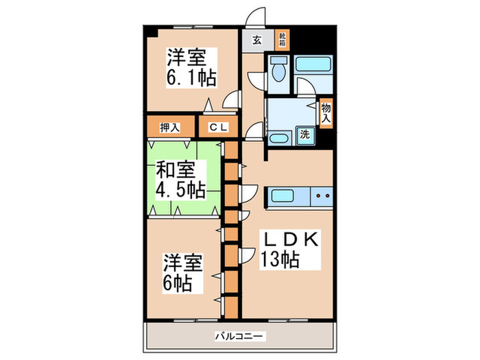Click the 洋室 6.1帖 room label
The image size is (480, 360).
tap(190, 67)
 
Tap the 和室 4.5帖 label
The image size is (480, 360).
tap(180, 178)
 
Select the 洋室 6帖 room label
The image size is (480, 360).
tap(182, 272)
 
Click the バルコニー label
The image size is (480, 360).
tap(239, 336)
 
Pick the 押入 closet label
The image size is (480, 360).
tap(169, 127)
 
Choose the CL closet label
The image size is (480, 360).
tap(218, 127)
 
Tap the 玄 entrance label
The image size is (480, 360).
tap(256, 40)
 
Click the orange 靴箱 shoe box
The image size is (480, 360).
tap(282, 40)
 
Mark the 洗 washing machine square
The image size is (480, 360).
tap(304, 134)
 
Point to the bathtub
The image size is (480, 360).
tap(313, 68)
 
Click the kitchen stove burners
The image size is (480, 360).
tap(322, 197)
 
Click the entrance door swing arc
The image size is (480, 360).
tap(258, 15)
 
